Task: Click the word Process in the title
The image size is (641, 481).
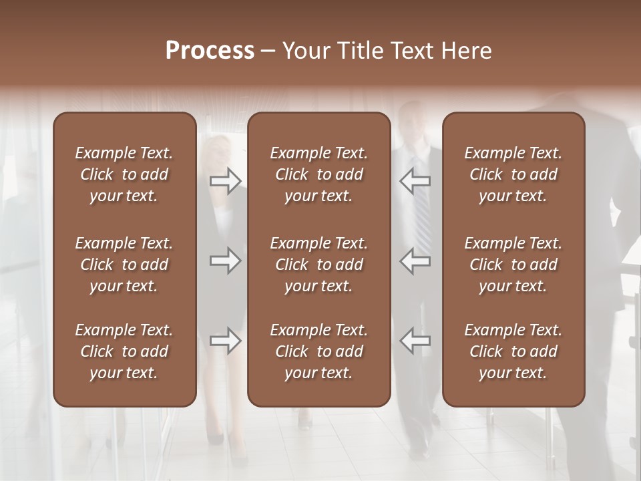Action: [210, 51]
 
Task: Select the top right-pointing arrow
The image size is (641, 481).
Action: [226, 181]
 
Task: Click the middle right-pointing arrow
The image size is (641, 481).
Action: [226, 261]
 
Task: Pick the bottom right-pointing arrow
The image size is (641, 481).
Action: [226, 341]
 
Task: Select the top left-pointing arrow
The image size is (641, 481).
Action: [415, 181]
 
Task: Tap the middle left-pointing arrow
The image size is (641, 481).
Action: [415, 261]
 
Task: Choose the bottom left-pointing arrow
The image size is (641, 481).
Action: [415, 341]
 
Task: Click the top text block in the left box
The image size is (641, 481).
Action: [124, 174]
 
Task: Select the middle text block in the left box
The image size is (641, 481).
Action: [124, 265]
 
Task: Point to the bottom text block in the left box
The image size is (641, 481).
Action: [124, 351]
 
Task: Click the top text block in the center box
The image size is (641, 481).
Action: [318, 174]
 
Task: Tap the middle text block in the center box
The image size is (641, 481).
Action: [318, 265]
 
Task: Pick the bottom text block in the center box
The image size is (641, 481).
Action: [318, 351]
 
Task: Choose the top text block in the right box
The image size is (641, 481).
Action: [513, 174]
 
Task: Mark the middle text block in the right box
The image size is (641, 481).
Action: [513, 265]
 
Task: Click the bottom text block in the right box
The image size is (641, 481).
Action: [513, 351]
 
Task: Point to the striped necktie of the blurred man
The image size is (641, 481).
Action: [422, 214]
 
